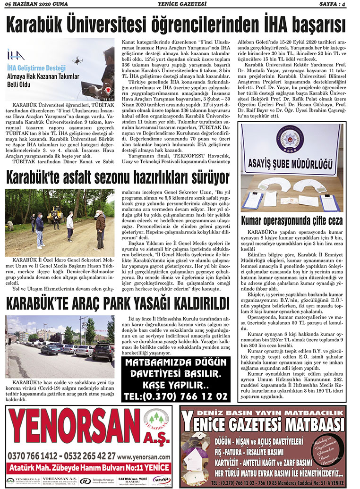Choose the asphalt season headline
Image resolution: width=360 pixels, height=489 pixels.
117,177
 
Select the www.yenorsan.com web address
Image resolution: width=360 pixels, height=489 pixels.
144,456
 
